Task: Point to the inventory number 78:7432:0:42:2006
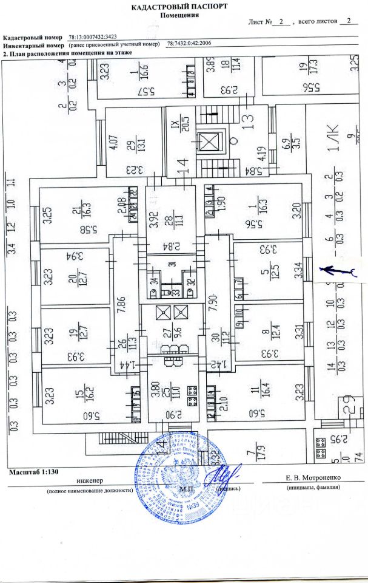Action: point(190,45)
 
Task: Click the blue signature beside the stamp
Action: point(226,474)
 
